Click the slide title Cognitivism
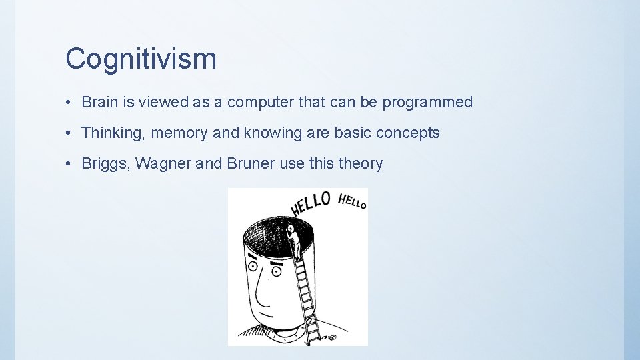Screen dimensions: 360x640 [x=141, y=59]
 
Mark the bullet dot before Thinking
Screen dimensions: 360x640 [x=69, y=133]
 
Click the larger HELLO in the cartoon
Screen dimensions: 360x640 [x=310, y=204]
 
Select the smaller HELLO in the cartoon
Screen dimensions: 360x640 [x=352, y=201]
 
